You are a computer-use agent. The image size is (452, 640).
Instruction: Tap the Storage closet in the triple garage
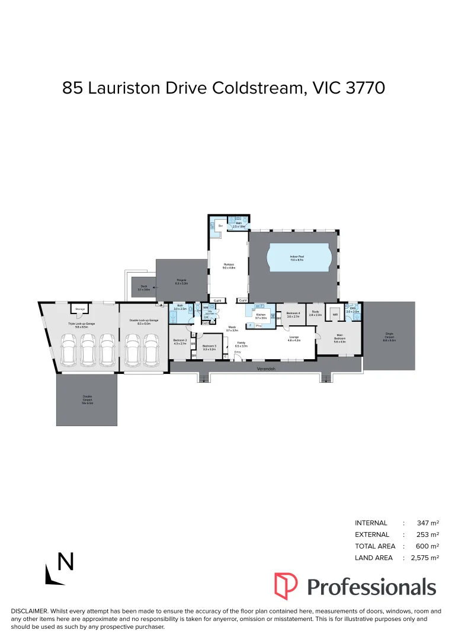[79, 309]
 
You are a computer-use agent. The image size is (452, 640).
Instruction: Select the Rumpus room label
[229, 266]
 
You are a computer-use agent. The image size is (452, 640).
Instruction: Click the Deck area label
[144, 289]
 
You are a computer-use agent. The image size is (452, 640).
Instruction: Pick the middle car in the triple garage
[88, 349]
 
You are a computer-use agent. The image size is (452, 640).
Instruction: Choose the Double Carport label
[88, 399]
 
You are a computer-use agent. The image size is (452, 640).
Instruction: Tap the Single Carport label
[389, 338]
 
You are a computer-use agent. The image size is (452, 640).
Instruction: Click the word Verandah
[266, 369]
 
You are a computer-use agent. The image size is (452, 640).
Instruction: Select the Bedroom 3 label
[209, 347]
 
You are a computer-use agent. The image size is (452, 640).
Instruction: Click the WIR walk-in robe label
[335, 315]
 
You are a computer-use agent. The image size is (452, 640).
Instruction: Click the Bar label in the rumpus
[220, 226]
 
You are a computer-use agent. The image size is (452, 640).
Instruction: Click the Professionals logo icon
[286, 586]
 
